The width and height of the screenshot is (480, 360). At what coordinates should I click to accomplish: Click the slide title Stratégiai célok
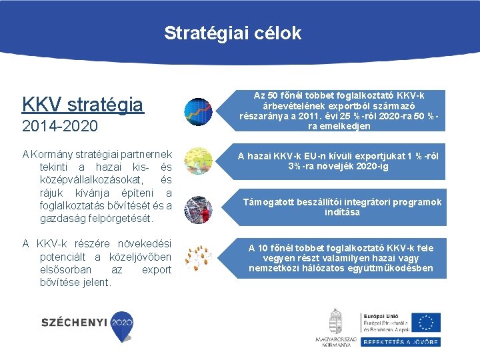tap(233, 33)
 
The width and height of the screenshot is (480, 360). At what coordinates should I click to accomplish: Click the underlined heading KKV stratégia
tap(83, 105)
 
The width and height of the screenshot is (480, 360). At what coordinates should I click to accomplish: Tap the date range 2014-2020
tap(60, 126)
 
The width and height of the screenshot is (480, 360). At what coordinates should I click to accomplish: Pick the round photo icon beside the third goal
tap(197, 209)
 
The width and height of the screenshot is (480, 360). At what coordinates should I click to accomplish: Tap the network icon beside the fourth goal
tap(197, 257)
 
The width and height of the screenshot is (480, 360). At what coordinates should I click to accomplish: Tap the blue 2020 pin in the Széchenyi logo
tap(122, 322)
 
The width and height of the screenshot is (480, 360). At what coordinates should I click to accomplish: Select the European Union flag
tap(425, 322)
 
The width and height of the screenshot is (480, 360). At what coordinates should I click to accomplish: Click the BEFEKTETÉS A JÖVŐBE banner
tap(400, 341)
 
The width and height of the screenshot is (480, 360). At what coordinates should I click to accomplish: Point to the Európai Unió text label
tap(381, 315)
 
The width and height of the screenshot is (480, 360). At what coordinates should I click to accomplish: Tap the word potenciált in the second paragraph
tap(66, 257)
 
